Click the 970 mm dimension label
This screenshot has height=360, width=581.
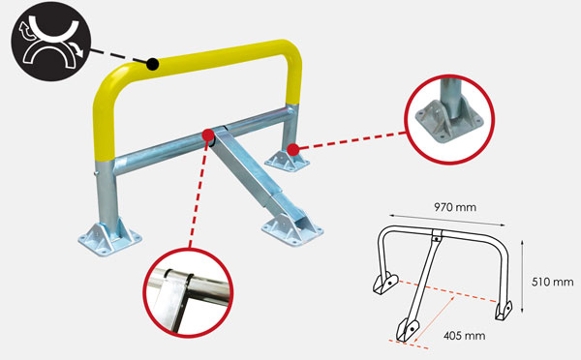click(x=455, y=207)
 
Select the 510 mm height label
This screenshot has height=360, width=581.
click(x=553, y=283)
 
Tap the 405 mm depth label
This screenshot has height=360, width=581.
click(x=464, y=336)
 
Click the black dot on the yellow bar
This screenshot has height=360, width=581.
click(x=152, y=64)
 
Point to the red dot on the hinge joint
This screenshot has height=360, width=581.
click(x=208, y=135)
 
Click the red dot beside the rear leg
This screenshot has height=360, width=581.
click(x=293, y=150)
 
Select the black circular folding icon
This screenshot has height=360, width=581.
click(x=50, y=41)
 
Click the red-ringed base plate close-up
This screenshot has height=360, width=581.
click(x=449, y=119)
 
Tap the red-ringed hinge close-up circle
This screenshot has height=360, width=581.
click(x=188, y=292)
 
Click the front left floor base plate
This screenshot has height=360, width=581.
click(x=109, y=237)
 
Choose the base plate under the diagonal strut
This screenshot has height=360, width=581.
click(x=292, y=230)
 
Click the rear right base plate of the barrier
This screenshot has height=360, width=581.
click(x=288, y=161)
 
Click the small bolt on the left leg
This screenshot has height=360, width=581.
click(x=95, y=172)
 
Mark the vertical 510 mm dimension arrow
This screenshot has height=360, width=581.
click(x=522, y=276)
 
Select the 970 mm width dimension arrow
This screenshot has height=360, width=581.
click(x=446, y=220)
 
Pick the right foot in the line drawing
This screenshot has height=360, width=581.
click(x=504, y=311)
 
